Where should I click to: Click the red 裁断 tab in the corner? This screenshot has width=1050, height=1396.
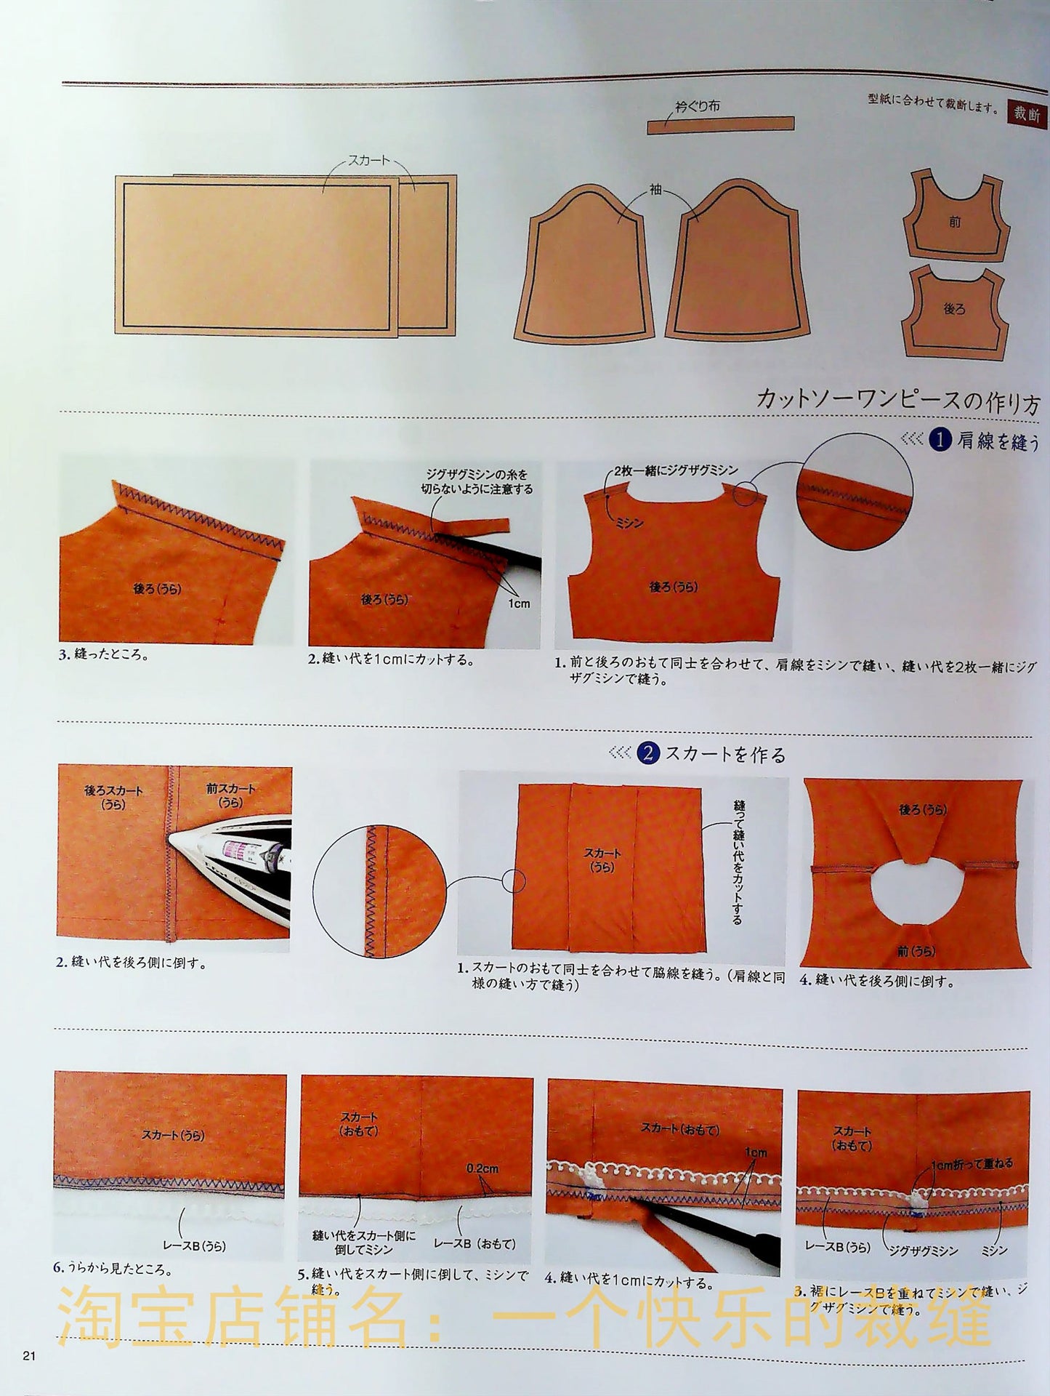(x=1027, y=113)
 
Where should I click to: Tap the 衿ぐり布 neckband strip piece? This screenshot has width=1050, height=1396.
(x=720, y=124)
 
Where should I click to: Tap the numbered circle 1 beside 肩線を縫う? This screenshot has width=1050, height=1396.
(x=941, y=439)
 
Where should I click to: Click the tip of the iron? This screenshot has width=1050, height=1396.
(x=169, y=838)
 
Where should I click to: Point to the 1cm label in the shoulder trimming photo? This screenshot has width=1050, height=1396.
(x=519, y=603)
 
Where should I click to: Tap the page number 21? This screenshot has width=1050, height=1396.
(x=29, y=1355)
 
